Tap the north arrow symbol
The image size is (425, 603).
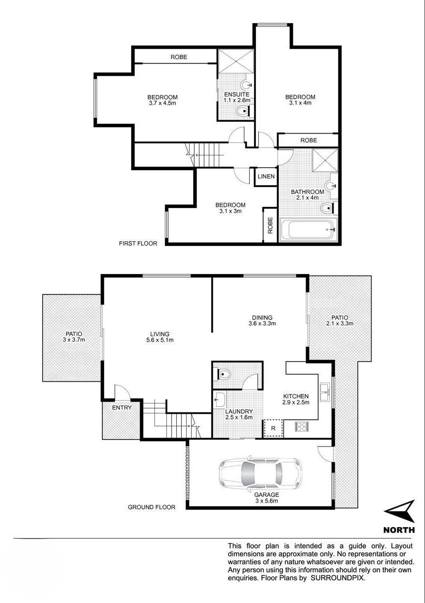click(399, 511)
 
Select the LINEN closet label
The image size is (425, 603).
click(266, 176)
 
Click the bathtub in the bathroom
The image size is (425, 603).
click(308, 229)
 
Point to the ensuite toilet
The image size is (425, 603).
click(244, 110)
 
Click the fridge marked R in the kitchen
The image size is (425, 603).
click(273, 428)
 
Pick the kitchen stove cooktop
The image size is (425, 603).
click(302, 426)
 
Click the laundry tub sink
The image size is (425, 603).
click(220, 399)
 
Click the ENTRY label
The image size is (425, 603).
click(122, 408)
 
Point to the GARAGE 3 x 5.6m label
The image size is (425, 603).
click(267, 498)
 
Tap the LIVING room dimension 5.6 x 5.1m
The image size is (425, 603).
click(160, 340)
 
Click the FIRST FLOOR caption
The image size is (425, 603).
click(138, 243)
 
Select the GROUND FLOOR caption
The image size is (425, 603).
click(152, 507)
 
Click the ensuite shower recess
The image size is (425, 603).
click(235, 61)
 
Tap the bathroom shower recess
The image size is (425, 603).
click(325, 160)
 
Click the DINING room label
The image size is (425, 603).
click(262, 318)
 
